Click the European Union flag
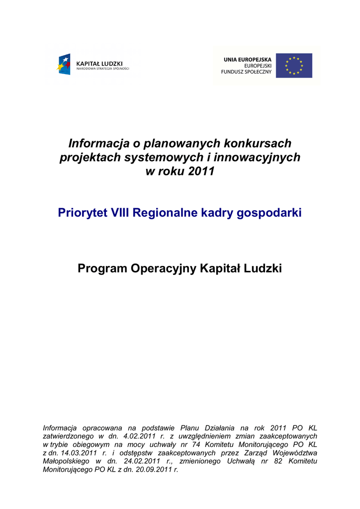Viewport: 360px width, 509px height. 294,66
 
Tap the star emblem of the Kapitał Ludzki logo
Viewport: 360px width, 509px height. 64,64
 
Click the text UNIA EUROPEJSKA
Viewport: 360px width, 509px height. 247,60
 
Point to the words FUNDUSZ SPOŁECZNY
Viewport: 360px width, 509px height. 246,72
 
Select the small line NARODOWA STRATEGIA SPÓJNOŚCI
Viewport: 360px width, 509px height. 102,69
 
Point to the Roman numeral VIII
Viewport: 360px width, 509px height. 119,213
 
